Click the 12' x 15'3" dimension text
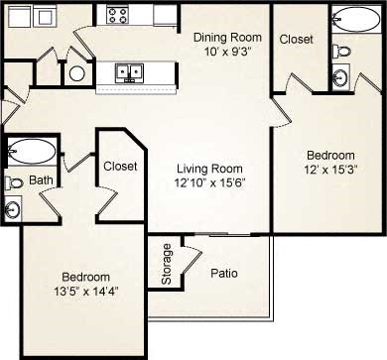click(x=329, y=170)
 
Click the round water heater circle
click(x=76, y=73)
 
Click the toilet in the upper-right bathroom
click(x=342, y=50)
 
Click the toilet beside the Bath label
click(x=14, y=182)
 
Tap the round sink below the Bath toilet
click(x=14, y=208)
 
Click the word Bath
click(x=40, y=180)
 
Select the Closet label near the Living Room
click(x=120, y=167)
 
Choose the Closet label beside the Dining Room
click(x=297, y=40)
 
